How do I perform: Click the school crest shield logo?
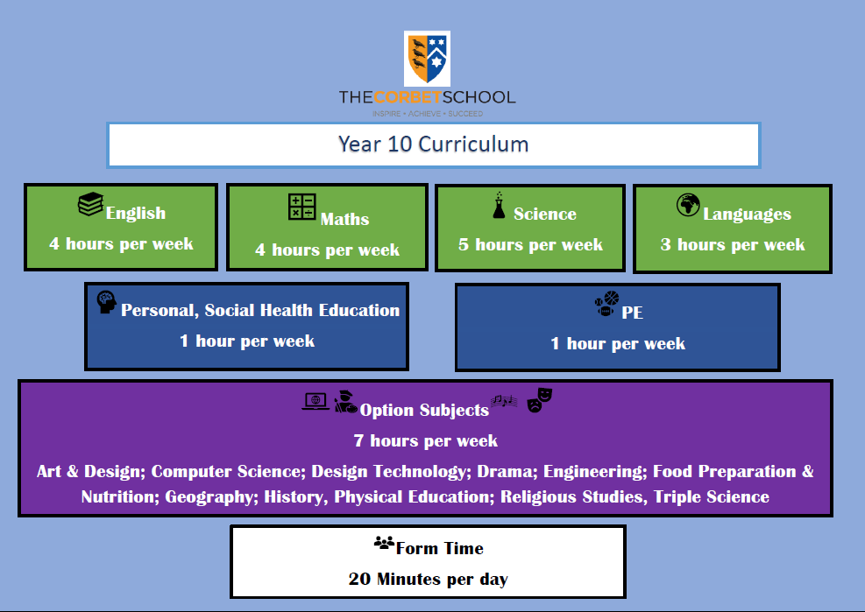(x=427, y=59)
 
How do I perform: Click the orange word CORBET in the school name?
(x=408, y=97)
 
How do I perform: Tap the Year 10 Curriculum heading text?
(x=433, y=144)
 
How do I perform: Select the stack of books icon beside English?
(x=90, y=204)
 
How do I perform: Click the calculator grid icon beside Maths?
(x=302, y=207)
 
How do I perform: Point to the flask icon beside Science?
(x=499, y=205)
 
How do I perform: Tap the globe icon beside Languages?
(x=688, y=205)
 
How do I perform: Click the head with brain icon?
(x=106, y=301)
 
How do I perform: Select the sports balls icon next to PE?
(x=606, y=304)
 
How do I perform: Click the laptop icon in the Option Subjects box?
(x=316, y=401)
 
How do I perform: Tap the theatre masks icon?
(x=540, y=400)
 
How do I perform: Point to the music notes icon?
(x=504, y=401)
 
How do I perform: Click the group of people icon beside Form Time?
(x=384, y=543)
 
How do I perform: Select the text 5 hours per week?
(x=531, y=245)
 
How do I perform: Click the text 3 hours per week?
(x=733, y=245)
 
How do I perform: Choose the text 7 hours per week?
(x=425, y=440)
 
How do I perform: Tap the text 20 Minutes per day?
(x=428, y=579)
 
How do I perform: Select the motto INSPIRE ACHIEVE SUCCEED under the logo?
(x=428, y=114)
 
